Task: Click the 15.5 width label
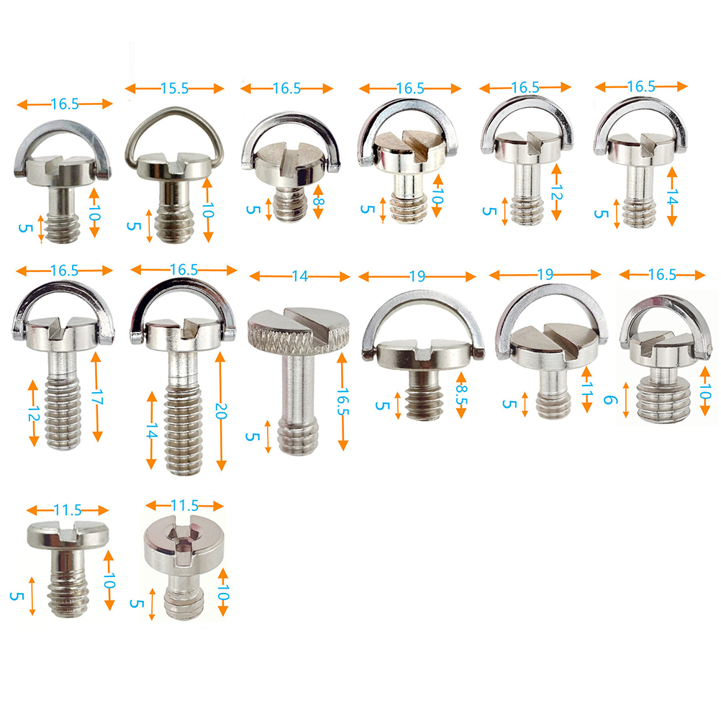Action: tap(174, 89)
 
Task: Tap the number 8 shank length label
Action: tap(318, 202)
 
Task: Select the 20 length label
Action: tap(221, 411)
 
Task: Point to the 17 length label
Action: tap(96, 396)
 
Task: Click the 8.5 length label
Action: tap(461, 394)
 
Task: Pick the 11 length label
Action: tap(587, 389)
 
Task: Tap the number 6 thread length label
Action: tap(609, 399)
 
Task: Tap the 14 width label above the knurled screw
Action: tap(299, 276)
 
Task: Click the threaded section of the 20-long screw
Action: tap(183, 431)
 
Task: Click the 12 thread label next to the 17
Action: tap(34, 414)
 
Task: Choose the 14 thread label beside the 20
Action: tap(151, 430)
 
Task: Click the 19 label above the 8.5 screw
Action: tap(417, 276)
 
